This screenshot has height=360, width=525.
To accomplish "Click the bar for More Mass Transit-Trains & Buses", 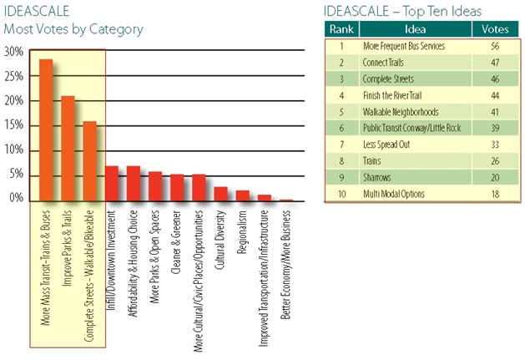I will [46, 130].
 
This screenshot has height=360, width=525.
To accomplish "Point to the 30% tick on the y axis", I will [13, 51].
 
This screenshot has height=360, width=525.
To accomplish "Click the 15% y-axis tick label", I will [13, 125].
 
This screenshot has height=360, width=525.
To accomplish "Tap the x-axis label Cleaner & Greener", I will [177, 243].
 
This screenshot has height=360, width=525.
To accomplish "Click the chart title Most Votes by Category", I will [73, 29].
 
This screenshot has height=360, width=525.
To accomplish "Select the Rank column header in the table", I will [343, 28].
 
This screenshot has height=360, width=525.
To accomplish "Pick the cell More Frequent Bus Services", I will [404, 45].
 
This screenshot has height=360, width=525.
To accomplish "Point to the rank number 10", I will [343, 194].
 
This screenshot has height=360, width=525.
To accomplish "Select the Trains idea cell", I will [373, 160].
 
